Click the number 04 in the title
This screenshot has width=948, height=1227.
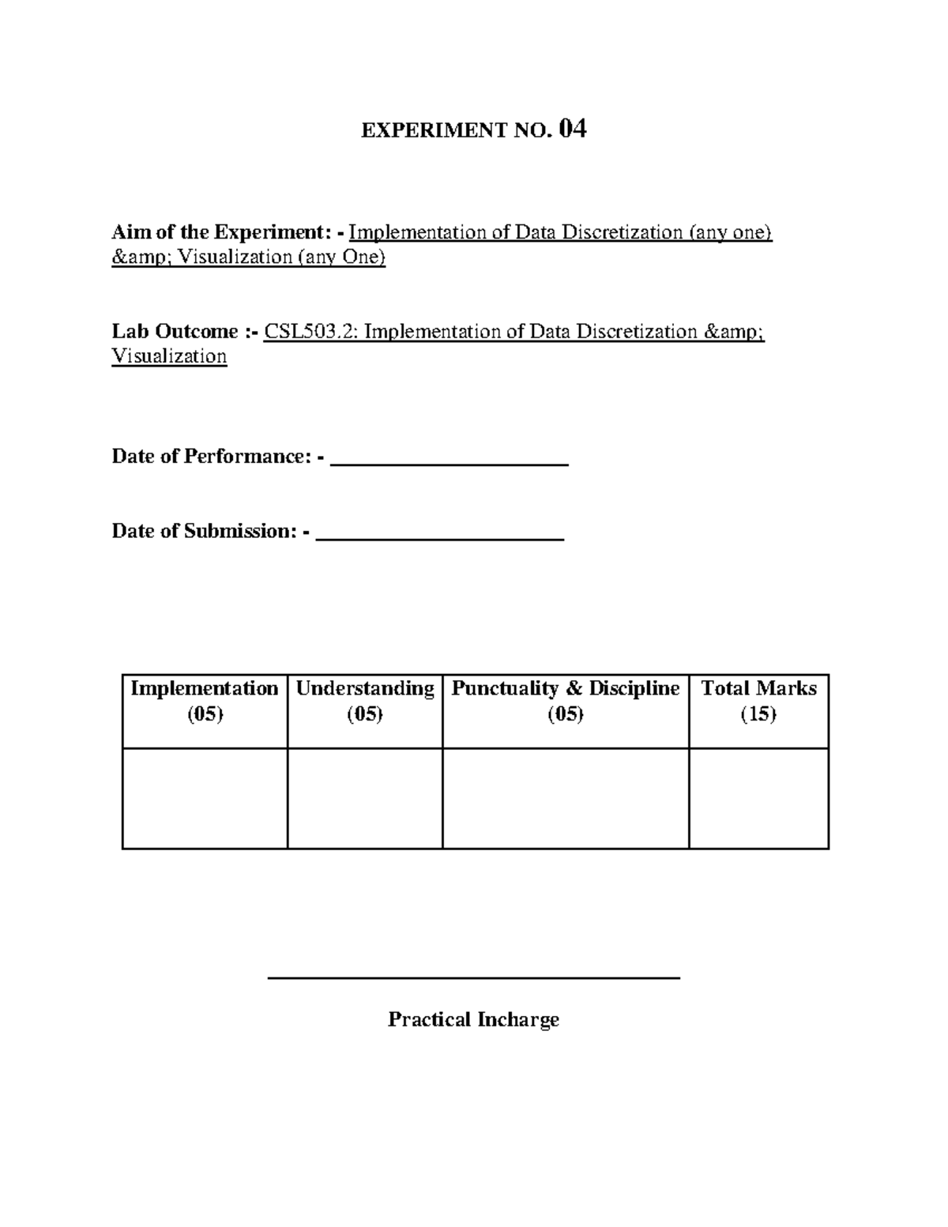(572, 129)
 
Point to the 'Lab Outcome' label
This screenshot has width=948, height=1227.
(175, 331)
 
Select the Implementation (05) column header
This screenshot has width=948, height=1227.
(205, 701)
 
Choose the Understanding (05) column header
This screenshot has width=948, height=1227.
(365, 701)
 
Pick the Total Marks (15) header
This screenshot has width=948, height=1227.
(758, 701)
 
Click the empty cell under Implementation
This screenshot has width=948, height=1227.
(205, 798)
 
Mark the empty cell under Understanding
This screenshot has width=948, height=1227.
(365, 798)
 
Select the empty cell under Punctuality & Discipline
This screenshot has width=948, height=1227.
(566, 798)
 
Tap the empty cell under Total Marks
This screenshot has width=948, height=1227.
(758, 798)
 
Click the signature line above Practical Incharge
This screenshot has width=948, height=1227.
(474, 978)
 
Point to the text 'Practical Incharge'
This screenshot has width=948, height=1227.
(473, 1019)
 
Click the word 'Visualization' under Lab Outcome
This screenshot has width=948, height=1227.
(169, 356)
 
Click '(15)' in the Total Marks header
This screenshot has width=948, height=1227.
(758, 714)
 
